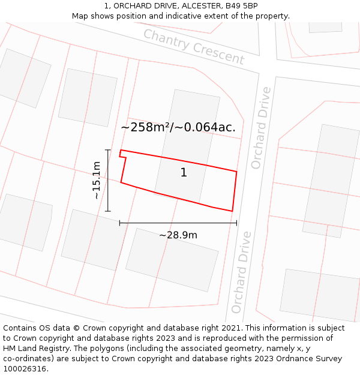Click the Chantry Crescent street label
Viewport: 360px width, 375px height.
(x=194, y=47)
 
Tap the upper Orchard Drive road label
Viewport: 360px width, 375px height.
(x=261, y=128)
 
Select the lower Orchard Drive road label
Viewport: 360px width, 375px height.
(x=241, y=272)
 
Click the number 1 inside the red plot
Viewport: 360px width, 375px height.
(x=184, y=173)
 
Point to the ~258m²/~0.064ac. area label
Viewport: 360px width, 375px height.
(x=178, y=127)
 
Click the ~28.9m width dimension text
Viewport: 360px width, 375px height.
(x=178, y=235)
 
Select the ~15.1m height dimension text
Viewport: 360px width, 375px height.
(x=96, y=180)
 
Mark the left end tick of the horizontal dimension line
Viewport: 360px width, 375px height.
(x=120, y=223)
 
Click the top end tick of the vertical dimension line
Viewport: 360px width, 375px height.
(x=108, y=150)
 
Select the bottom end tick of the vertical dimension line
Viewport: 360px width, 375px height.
(x=108, y=211)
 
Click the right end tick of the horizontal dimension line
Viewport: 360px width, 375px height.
(x=236, y=223)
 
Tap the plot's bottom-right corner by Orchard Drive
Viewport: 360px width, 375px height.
(x=232, y=211)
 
